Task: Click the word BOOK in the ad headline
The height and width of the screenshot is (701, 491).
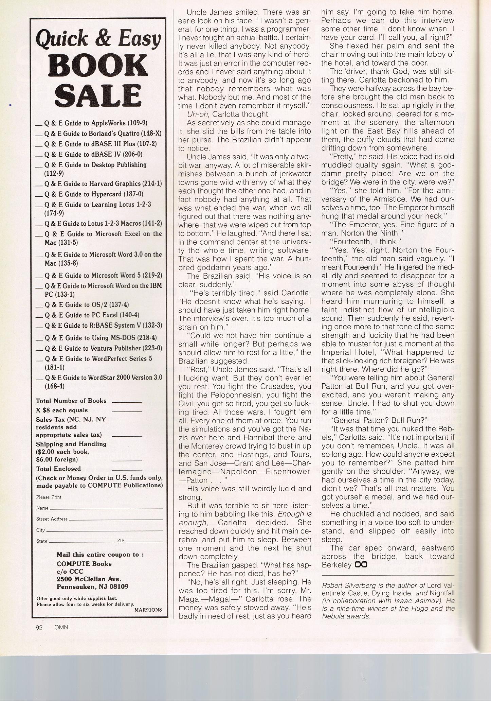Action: coord(98,65)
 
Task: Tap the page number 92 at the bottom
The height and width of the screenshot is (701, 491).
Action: coord(39,628)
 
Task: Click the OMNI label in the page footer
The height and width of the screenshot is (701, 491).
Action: coord(62,628)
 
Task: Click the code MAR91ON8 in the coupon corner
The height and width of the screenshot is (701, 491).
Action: coord(148,609)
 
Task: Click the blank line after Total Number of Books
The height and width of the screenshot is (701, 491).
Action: coord(127,402)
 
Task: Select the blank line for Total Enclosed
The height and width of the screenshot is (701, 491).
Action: coord(127,470)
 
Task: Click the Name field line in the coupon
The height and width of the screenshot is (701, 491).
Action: coord(106,508)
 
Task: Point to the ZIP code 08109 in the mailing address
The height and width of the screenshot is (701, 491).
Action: coord(119,587)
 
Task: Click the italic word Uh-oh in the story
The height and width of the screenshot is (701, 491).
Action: coord(196,114)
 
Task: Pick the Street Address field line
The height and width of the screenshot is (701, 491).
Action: coord(115,520)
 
